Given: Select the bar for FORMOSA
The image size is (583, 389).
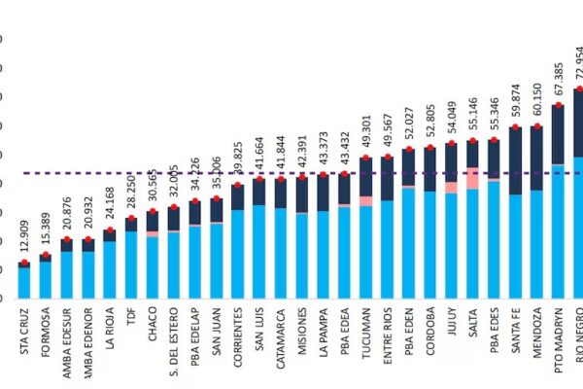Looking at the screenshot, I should coord(46,277).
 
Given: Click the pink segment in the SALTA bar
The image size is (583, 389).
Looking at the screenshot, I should coord(472,178).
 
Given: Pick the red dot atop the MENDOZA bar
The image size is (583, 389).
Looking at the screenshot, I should coord(536,126).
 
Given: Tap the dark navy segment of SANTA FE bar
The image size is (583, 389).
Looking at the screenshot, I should coord(515,160).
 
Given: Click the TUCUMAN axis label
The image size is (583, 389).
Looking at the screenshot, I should coord(365,336).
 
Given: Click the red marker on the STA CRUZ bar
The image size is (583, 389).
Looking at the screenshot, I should coord(24,264).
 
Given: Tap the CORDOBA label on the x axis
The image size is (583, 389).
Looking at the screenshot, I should coord(429,336).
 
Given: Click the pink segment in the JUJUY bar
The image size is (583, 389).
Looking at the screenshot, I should coord(451,187).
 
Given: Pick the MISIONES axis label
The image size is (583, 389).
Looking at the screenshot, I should coord(301,336).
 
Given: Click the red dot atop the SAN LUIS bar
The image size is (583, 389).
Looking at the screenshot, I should coord(258,177).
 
